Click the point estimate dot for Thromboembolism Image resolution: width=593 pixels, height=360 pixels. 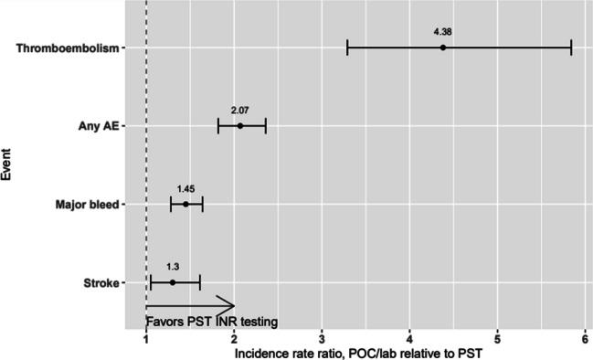pos(442,47)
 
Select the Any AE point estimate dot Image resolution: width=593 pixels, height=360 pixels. pos(240,125)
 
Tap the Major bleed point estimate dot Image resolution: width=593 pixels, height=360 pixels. pos(185,204)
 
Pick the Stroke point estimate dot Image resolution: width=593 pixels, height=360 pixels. pos(173,282)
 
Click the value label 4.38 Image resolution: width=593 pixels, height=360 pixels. pos(442,32)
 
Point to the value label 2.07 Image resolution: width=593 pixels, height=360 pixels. pos(240,111)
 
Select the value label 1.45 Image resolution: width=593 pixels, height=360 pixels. pos(185,189)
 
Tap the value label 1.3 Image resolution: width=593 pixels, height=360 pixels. pos(173,268)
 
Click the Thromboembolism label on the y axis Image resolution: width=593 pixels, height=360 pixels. pos(69,48)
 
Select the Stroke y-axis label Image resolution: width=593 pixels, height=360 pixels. pos(101,283)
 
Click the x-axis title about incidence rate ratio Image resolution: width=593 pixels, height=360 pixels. pos(363,351)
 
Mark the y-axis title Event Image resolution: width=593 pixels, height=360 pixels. pos(8,164)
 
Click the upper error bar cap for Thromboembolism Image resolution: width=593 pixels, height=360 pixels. pos(571,47)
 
